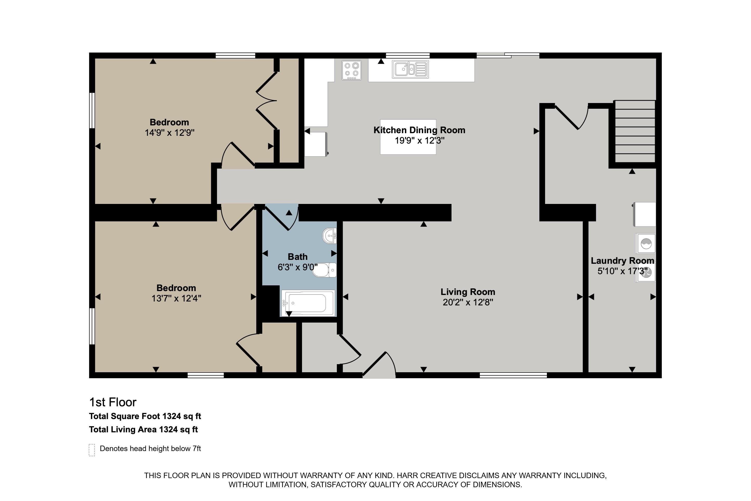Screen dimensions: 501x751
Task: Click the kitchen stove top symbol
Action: point(351,70)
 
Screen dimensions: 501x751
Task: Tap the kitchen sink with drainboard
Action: point(410,69)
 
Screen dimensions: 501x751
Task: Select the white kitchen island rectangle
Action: point(408,137)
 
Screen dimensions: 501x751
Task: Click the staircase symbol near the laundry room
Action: point(635,132)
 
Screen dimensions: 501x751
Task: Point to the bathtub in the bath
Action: point(308,303)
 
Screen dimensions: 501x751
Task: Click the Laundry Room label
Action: point(622,261)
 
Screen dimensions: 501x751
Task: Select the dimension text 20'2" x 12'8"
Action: point(468,302)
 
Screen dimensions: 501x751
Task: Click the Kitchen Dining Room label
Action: point(419,130)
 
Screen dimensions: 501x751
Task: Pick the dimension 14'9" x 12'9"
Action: point(169,133)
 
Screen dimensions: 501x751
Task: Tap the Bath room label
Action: point(297,256)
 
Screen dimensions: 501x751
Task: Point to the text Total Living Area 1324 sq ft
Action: point(143,429)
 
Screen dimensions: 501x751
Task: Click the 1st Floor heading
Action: point(113,402)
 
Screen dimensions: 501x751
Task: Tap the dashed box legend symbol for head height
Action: point(92,450)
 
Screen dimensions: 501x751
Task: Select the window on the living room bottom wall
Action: point(513,375)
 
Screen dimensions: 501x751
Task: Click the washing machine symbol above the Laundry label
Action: point(646,243)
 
